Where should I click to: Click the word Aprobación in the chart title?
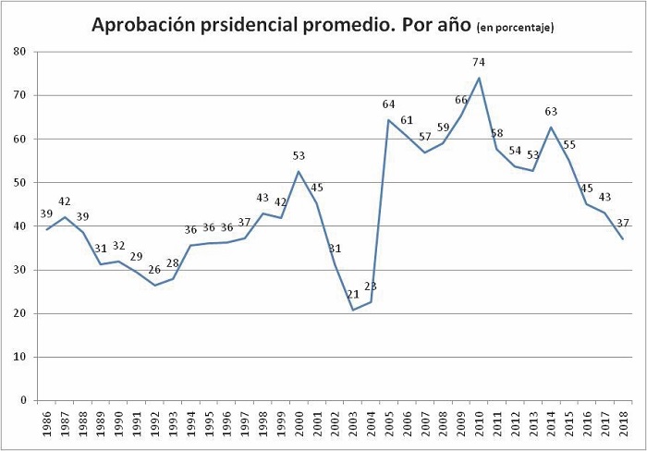[x=143, y=25]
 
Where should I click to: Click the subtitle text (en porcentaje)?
[x=515, y=28]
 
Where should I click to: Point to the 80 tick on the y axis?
[x=18, y=52]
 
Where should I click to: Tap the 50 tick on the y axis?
[x=18, y=183]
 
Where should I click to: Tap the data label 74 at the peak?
[x=479, y=62]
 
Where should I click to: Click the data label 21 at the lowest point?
[x=353, y=295]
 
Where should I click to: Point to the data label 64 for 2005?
[x=389, y=104]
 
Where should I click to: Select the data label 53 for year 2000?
[x=299, y=156]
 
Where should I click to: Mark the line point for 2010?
[x=479, y=78]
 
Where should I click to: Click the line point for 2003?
[x=353, y=310]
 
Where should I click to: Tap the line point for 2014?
[x=551, y=127]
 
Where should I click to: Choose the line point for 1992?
[x=155, y=286]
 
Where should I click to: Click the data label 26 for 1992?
[x=155, y=269]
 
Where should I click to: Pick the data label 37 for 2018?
[x=623, y=223]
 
